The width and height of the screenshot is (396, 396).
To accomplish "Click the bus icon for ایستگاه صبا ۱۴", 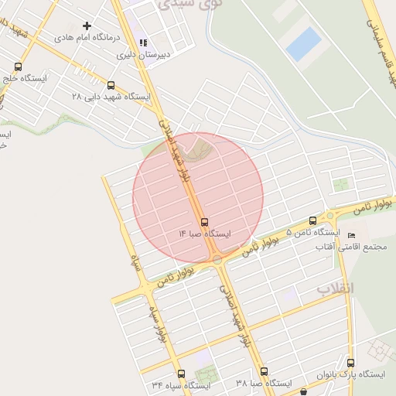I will coord(204,220).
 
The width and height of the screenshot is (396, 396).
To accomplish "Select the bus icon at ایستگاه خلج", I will coord(18,67).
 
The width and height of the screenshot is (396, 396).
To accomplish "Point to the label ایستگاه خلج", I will coord(26,79).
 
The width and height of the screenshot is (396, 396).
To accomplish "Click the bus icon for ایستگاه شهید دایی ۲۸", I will coord(111,85).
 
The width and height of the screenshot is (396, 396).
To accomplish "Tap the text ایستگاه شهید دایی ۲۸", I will coord(110,97).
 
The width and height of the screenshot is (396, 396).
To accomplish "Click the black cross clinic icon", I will coord(87,26).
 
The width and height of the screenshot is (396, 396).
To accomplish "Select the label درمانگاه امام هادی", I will coord(86,37).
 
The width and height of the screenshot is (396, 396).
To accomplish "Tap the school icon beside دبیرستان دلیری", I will coord(142,43).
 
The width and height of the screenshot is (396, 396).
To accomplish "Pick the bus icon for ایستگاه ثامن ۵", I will coord(312,220).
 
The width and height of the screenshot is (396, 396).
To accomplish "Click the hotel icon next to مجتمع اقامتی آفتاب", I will coord(353,235).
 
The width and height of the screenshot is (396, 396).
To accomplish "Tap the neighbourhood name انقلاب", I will coord(335,288).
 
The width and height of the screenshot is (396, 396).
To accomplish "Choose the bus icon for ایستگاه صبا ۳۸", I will coord(264,371).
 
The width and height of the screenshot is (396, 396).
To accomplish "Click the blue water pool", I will coord(303,43).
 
